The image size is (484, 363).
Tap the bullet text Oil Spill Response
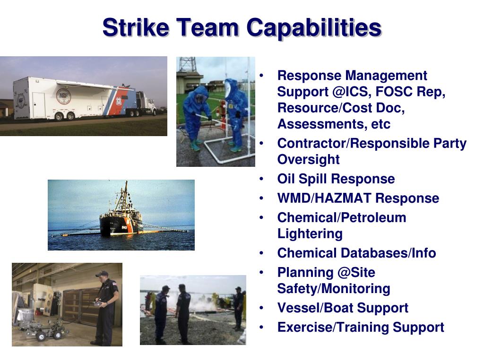coord(336,179)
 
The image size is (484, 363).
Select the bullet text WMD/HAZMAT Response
coord(358,199)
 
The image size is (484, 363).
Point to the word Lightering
coord(310,234)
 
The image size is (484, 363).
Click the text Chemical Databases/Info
coord(356,253)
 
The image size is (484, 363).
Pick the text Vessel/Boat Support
coord(343,308)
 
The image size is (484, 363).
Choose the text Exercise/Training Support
coord(360,328)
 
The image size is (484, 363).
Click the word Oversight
coord(308,160)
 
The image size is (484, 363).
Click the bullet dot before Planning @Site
coord(262,273)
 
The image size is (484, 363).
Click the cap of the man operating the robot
coord(102,274)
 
